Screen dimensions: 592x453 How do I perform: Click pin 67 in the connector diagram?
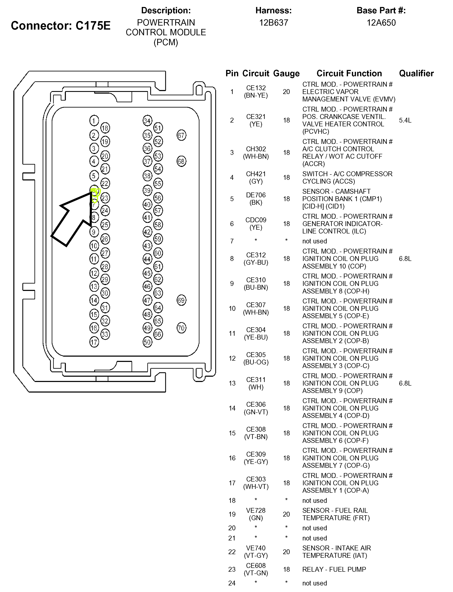coord(181,135)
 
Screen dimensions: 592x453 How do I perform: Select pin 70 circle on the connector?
coord(181,328)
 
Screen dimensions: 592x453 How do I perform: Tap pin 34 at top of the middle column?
coord(147,120)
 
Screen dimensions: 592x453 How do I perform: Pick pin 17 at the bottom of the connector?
coord(94,342)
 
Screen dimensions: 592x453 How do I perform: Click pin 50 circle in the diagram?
coord(147,342)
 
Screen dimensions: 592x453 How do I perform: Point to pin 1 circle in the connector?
coord(94,120)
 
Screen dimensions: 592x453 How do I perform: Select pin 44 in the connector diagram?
coord(147,259)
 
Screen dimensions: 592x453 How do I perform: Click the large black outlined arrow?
coord(71,220)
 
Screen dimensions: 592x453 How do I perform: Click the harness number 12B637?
coord(273,23)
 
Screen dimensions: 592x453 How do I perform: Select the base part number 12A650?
coord(381,23)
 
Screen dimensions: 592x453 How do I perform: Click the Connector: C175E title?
coord(61,26)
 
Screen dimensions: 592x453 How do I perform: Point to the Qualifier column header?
coord(416,73)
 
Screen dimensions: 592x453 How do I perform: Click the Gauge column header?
coord(286,73)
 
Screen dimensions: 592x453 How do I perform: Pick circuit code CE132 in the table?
coord(256,88)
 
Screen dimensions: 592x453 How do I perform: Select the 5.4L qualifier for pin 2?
coord(405,120)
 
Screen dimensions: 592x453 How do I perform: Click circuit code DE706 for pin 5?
coord(256,195)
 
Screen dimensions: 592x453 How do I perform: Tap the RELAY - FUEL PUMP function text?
coord(334,569)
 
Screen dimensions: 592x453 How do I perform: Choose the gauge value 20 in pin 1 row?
coord(286,92)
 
